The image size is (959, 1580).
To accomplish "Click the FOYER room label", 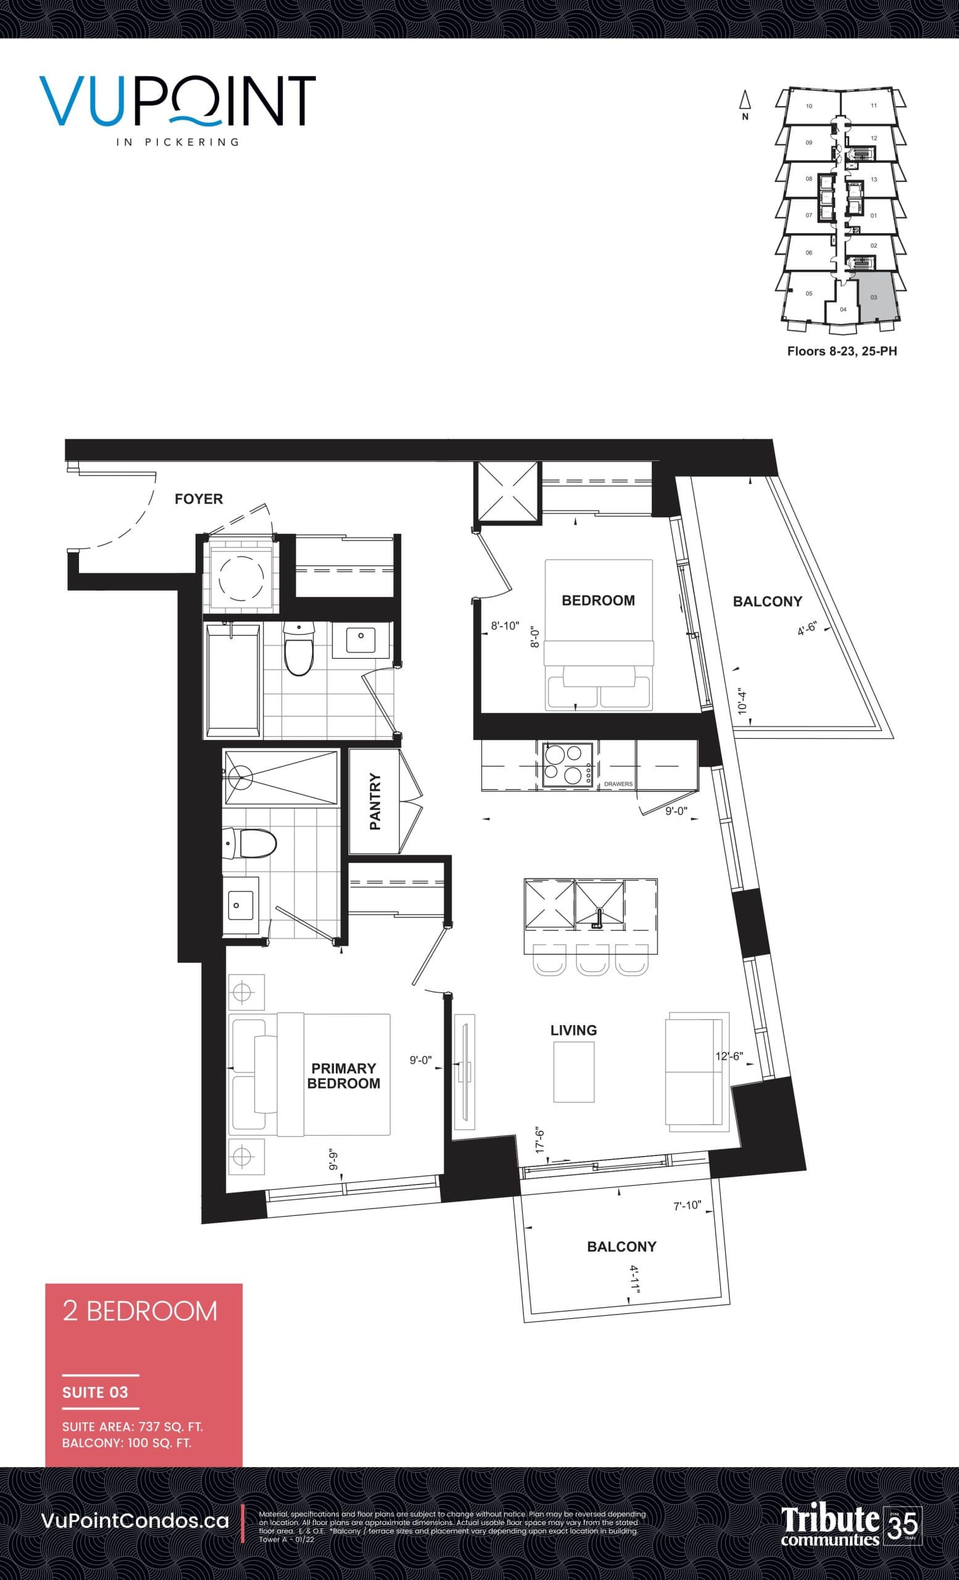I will [x=199, y=499].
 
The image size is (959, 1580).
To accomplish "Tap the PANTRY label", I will [x=376, y=801].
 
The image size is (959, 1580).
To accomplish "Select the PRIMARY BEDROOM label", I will [x=344, y=1075].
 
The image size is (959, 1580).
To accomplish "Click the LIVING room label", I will [x=573, y=1030].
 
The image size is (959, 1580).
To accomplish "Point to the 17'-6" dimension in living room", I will [x=541, y=1140].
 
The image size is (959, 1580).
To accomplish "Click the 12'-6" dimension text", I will [x=729, y=1056].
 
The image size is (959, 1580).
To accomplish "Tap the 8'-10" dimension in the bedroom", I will [x=505, y=626].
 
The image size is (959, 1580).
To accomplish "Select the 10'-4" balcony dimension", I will [x=742, y=701].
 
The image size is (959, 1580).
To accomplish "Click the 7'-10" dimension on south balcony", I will [x=687, y=1205].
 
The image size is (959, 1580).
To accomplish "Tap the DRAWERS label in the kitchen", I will [x=618, y=784].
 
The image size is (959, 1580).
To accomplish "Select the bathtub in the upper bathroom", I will [x=233, y=680].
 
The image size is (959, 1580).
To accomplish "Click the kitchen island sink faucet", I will [x=599, y=918].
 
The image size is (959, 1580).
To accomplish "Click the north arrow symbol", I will [x=745, y=101].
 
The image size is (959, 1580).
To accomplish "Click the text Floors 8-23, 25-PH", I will [x=842, y=351].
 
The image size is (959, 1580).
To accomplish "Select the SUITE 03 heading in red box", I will [x=95, y=1392].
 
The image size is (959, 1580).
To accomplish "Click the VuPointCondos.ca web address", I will [x=135, y=1520].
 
